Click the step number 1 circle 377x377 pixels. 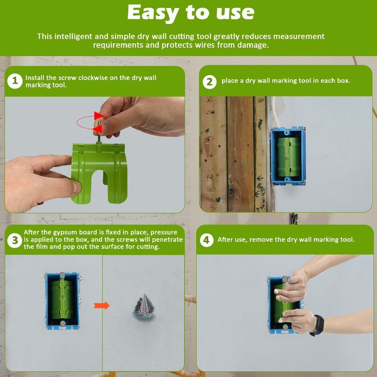tap(15, 81)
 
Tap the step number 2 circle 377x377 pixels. tap(210, 81)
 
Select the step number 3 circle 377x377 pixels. tap(15, 240)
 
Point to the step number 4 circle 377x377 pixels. tap(206, 240)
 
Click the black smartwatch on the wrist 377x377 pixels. tap(318, 325)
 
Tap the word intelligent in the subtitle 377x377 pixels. tap(74, 36)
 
